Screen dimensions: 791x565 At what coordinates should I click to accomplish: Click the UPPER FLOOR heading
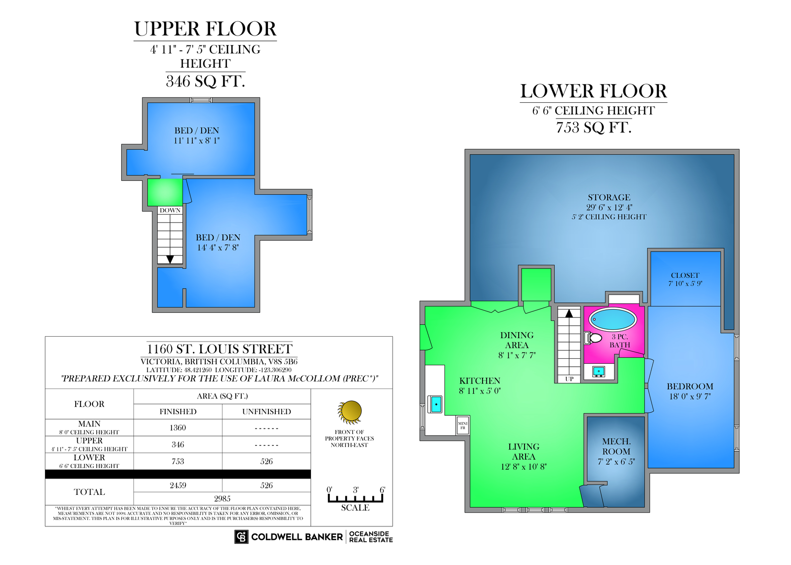click(x=205, y=29)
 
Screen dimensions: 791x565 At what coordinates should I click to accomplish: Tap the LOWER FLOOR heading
click(x=594, y=91)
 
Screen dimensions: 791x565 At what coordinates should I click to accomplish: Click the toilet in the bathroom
click(x=593, y=338)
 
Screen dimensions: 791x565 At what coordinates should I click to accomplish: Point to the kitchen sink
click(x=435, y=404)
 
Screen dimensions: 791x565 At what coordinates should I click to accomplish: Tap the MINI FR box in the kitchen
click(x=463, y=425)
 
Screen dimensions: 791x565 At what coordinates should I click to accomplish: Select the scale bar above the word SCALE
click(x=355, y=498)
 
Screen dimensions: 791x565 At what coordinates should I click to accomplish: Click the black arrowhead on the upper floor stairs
click(x=170, y=260)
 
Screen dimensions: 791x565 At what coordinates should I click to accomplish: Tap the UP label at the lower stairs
click(x=569, y=379)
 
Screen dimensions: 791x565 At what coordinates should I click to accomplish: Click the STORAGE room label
click(x=609, y=197)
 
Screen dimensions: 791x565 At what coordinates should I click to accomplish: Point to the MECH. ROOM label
click(x=616, y=446)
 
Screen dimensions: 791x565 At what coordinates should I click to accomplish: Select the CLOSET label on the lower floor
click(x=685, y=275)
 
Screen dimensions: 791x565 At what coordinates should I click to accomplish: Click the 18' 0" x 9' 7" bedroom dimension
click(x=690, y=396)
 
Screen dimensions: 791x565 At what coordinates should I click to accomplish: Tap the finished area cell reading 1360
click(x=177, y=428)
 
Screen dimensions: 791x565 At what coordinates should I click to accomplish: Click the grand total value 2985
click(x=222, y=499)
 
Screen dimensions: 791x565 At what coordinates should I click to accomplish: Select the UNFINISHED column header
click(x=266, y=411)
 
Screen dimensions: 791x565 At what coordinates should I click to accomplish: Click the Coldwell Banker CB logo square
click(x=241, y=537)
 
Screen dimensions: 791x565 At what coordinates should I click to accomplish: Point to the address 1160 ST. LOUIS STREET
click(x=220, y=349)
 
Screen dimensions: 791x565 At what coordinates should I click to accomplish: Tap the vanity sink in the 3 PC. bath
click(x=599, y=372)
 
